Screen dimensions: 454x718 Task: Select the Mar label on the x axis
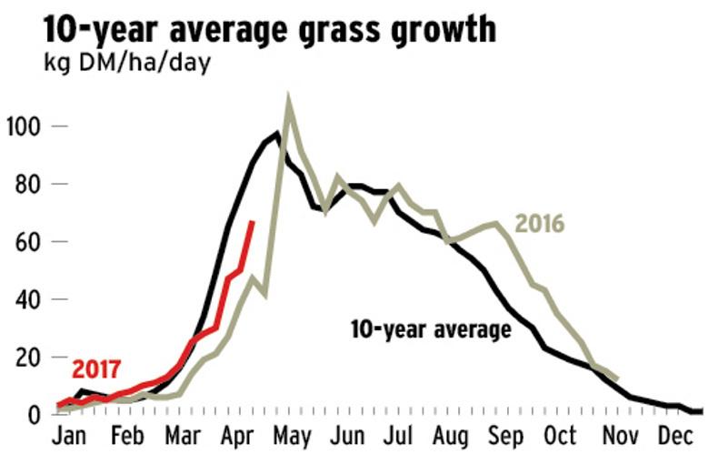[x=184, y=433]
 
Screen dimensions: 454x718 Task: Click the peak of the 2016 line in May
[x=289, y=99]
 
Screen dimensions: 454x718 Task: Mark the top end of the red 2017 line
[x=252, y=221]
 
